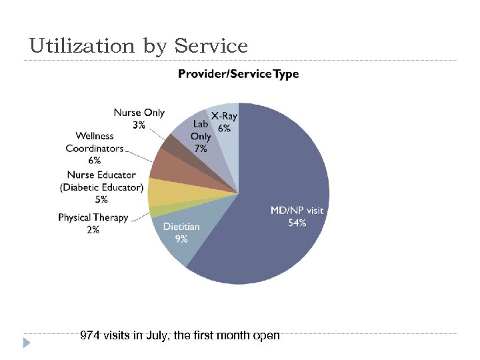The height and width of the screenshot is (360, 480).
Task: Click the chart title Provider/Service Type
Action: (238, 74)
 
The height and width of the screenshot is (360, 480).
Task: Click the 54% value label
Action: (297, 223)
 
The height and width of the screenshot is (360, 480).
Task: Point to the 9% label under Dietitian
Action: (180, 239)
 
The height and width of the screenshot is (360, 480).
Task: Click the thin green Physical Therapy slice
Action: (155, 211)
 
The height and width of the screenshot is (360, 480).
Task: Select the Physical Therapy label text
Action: (93, 218)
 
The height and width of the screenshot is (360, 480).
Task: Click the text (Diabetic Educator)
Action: (102, 187)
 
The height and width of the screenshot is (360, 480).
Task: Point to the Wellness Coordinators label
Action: (94, 142)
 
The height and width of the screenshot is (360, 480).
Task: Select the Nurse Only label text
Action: (139, 113)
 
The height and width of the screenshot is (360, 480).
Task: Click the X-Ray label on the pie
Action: (225, 116)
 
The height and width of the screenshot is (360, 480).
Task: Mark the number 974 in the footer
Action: (89, 335)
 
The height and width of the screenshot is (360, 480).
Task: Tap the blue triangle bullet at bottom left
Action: (27, 343)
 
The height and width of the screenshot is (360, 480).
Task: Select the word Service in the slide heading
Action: (211, 46)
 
